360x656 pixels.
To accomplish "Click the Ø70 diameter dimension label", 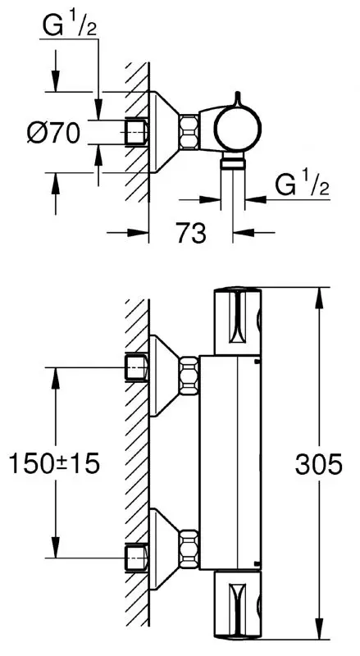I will coord(52,132).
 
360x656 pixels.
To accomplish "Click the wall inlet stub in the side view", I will coord(135,131).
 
